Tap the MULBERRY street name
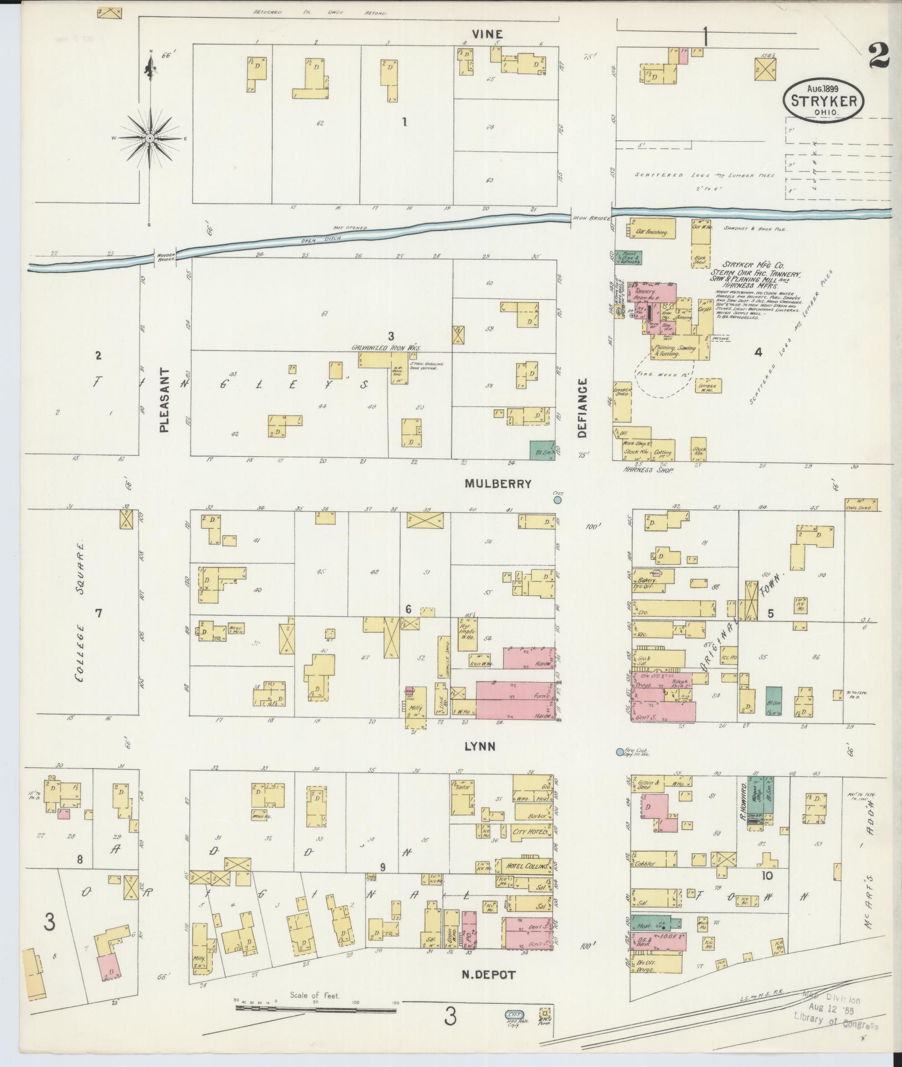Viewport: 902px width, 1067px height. point(498,483)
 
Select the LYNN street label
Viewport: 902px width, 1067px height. point(480,747)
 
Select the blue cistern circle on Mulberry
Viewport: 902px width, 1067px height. point(558,500)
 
